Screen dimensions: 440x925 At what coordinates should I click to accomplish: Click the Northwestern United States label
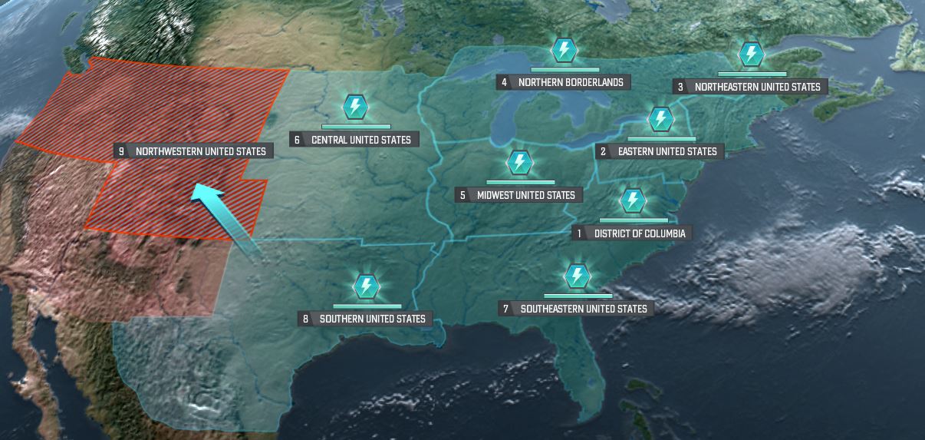(200, 151)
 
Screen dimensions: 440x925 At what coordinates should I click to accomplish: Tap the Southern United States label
(372, 319)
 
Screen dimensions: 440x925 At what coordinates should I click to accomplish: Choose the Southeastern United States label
(583, 309)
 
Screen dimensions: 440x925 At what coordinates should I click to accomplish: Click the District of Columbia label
(639, 233)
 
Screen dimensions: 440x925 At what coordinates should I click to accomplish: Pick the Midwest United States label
(525, 195)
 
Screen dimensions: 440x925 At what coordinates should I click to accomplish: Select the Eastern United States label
(667, 151)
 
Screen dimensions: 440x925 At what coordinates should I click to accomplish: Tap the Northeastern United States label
(757, 87)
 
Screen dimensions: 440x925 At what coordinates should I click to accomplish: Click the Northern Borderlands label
(571, 81)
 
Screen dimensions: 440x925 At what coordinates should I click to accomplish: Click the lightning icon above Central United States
(354, 107)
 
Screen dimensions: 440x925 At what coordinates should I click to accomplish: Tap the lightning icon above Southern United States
(366, 286)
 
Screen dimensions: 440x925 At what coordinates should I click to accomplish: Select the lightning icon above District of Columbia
(632, 200)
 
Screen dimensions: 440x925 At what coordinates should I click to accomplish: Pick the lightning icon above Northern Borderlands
(564, 50)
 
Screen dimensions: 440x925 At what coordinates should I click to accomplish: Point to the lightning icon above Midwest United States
(519, 163)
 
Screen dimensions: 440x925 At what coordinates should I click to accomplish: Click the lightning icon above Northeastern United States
(751, 55)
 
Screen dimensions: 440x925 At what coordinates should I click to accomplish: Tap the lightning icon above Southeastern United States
(577, 276)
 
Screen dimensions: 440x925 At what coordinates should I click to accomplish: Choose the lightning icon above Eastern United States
(660, 119)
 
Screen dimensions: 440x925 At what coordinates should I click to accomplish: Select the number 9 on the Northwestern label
(121, 151)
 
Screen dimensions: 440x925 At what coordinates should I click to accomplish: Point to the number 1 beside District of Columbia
(580, 233)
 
